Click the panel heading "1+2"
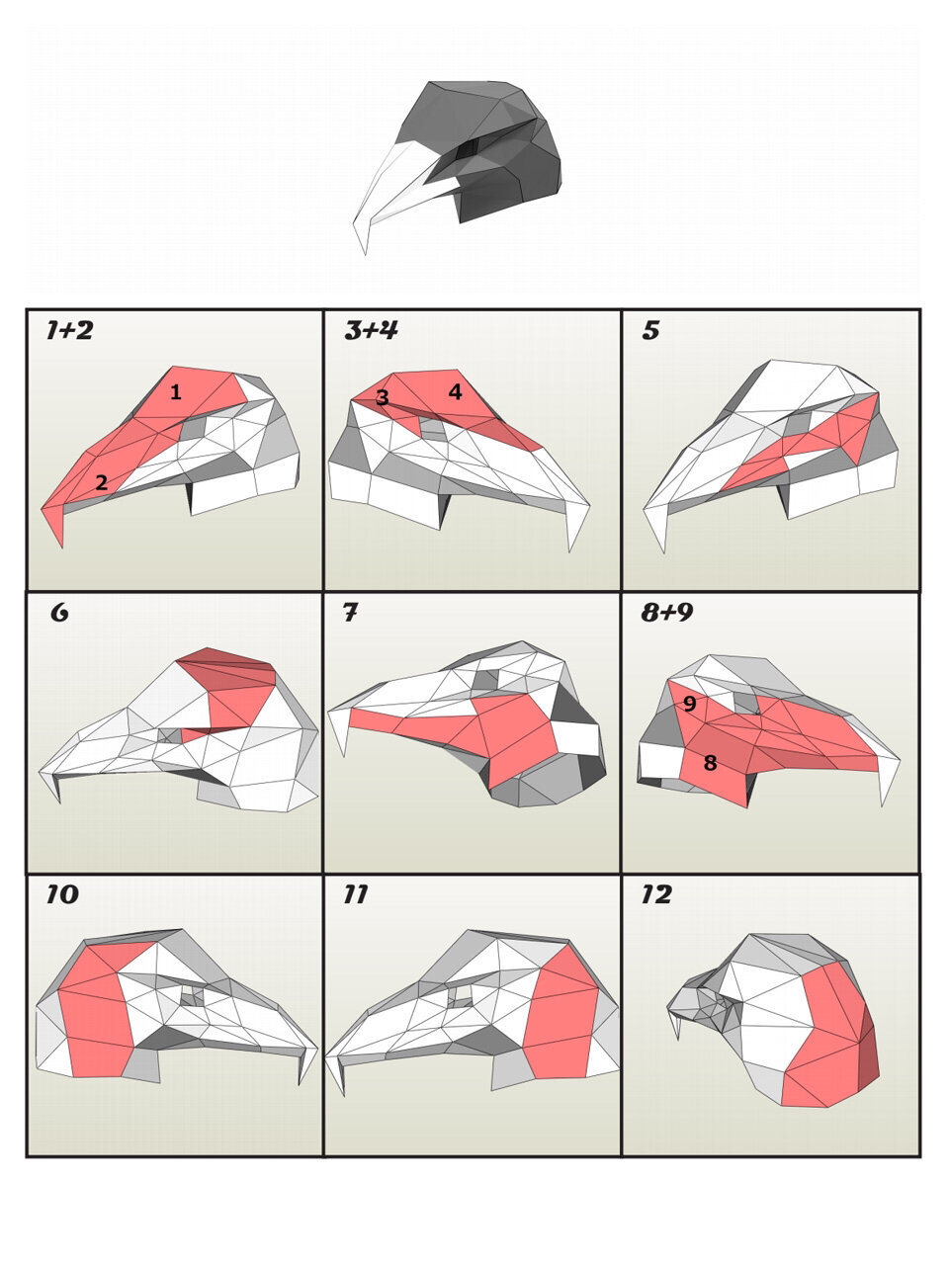pyautogui.click(x=70, y=331)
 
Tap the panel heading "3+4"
pyautogui.click(x=372, y=331)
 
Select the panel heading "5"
pyautogui.click(x=651, y=331)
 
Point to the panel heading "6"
pyautogui.click(x=59, y=612)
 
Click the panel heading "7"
pyautogui.click(x=350, y=612)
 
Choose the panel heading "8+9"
pyautogui.click(x=667, y=612)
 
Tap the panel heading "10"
pyautogui.click(x=62, y=894)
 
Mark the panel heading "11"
pyautogui.click(x=356, y=894)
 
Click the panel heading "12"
pyautogui.click(x=656, y=894)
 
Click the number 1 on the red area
pyautogui.click(x=176, y=392)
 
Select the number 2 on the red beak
pyautogui.click(x=102, y=482)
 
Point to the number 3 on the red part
pyautogui.click(x=382, y=397)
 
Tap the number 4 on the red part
pyautogui.click(x=455, y=392)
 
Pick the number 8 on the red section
pyautogui.click(x=710, y=763)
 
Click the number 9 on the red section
pyautogui.click(x=690, y=703)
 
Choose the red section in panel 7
pyautogui.click(x=501, y=735)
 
